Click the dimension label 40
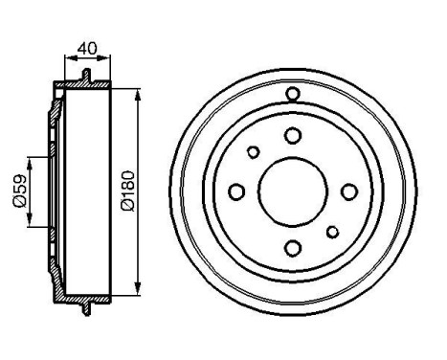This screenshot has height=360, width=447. [x=87, y=45]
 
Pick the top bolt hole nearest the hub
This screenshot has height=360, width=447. [x=292, y=135]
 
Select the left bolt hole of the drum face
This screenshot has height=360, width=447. [x=235, y=191]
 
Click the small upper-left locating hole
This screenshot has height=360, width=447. [x=253, y=151]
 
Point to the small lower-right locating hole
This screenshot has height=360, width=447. [x=332, y=231]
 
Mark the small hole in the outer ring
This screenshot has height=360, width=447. [x=293, y=93]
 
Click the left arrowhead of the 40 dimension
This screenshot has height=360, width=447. [x=67, y=59]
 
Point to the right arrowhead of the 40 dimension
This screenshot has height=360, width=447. [x=108, y=59]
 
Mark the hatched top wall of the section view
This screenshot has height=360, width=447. [x=86, y=87]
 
